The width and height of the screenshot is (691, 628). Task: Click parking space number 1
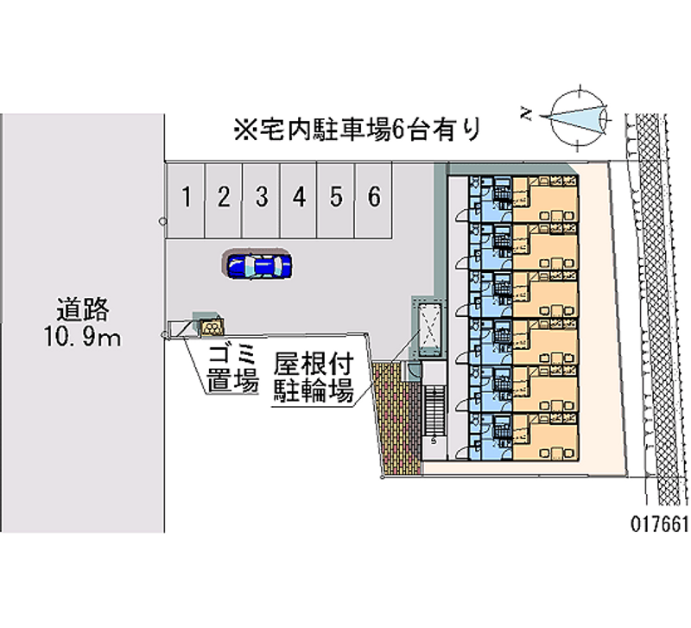[x=186, y=198]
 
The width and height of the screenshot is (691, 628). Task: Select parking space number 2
[x=223, y=198]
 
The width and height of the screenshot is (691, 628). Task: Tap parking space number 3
[x=261, y=198]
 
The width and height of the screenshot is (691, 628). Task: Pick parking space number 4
[x=299, y=198]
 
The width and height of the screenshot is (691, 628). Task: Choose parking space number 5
[x=336, y=198]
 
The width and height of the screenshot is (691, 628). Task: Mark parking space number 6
[x=374, y=198]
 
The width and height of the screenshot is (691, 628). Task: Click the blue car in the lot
[x=257, y=265]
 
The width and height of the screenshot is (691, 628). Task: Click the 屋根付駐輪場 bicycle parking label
[x=313, y=376]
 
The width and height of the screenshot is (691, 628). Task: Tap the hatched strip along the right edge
[x=659, y=311]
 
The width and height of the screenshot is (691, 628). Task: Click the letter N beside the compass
[x=526, y=111]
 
